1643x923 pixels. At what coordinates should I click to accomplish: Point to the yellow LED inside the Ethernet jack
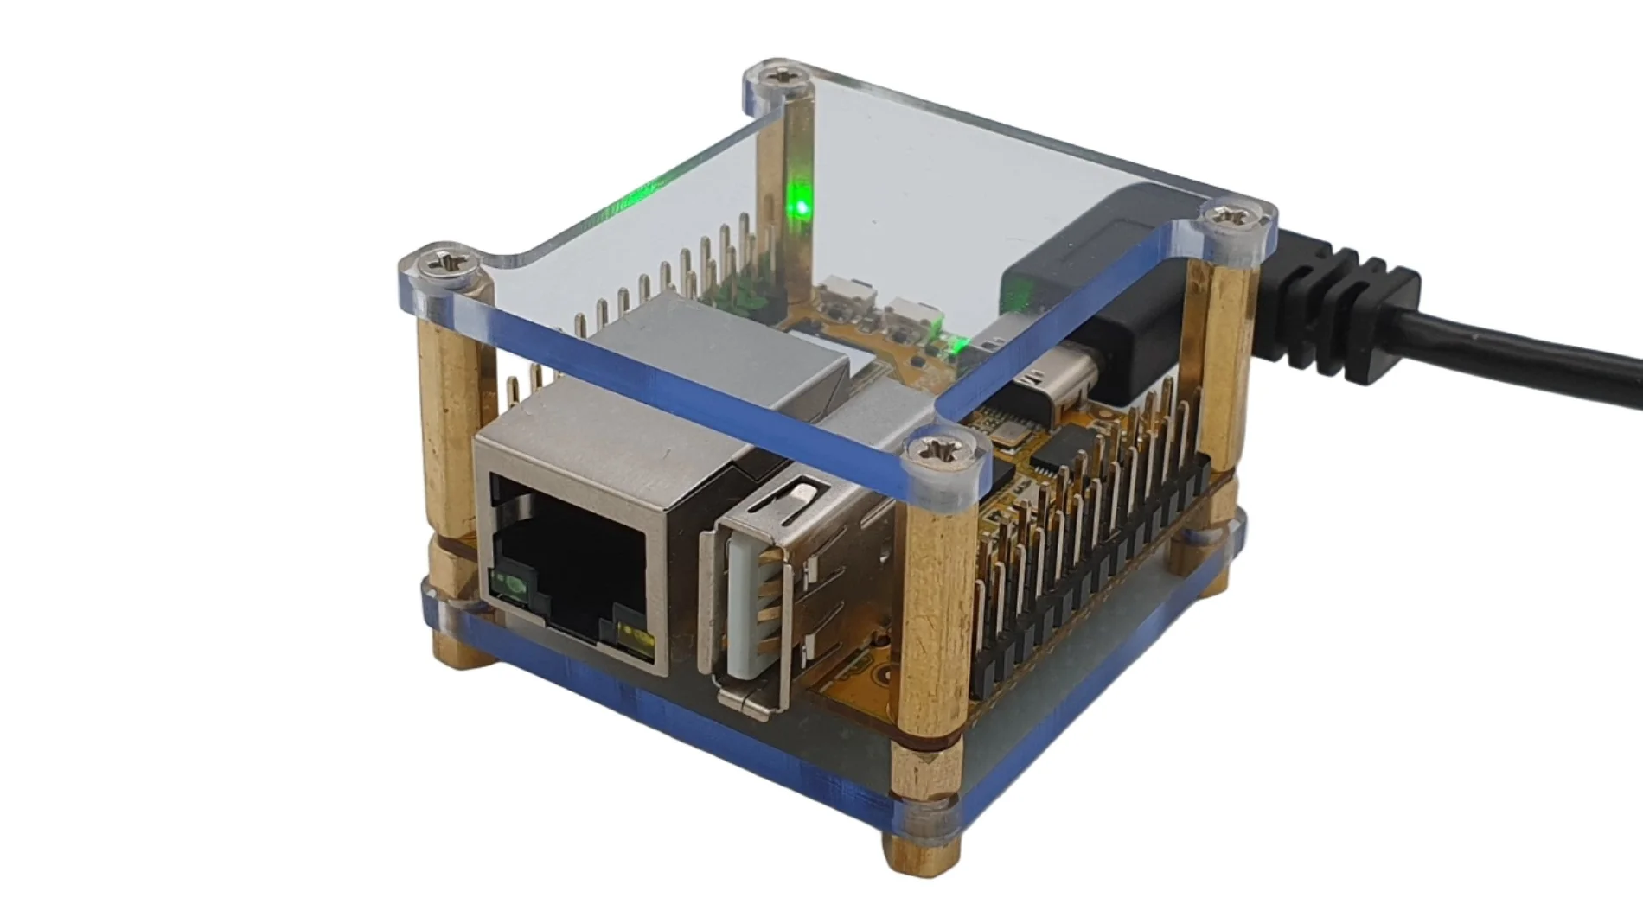coord(634,640)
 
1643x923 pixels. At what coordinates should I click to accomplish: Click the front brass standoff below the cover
coord(930,622)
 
